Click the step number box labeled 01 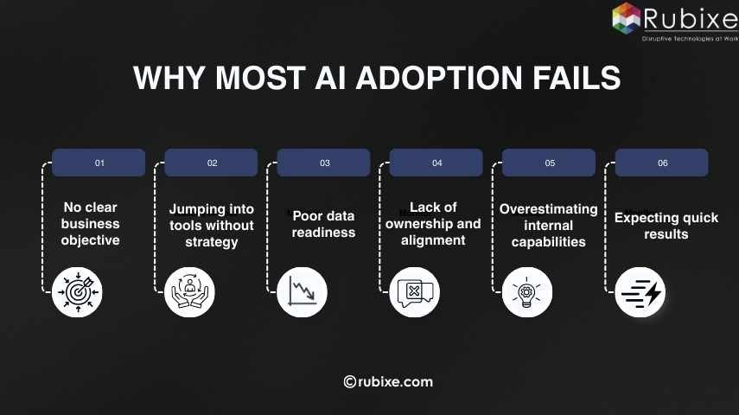point(99,163)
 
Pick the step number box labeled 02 point(212,163)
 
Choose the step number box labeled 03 point(324,163)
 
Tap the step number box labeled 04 point(436,163)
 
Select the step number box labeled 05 point(549,163)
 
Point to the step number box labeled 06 point(662,163)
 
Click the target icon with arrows point(78,291)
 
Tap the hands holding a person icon point(190,291)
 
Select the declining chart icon point(303,291)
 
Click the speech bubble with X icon point(415,291)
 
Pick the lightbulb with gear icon point(527,291)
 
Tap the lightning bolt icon point(640,291)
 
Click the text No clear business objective point(90,223)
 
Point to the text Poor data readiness point(324,223)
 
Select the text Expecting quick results point(666,226)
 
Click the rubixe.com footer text point(388,381)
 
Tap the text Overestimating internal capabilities point(548,225)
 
